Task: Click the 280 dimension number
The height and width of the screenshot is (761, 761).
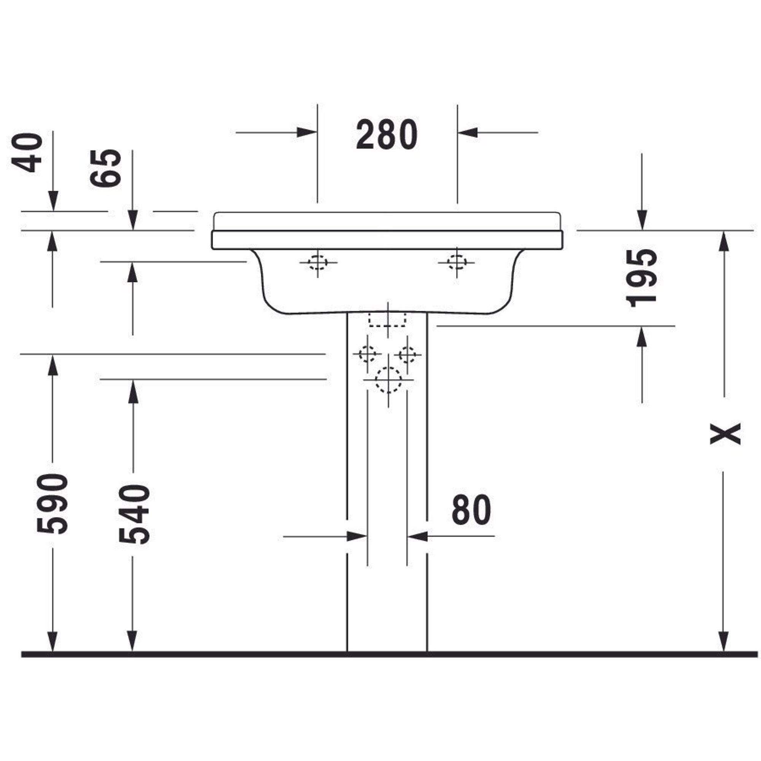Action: click(387, 134)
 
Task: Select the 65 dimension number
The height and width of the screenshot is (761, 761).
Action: click(105, 168)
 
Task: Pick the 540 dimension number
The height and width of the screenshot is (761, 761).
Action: click(134, 514)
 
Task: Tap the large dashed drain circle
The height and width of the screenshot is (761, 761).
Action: click(388, 380)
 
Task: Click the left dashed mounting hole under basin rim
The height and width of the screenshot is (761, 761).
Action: click(317, 262)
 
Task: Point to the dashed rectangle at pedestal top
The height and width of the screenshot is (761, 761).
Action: click(387, 320)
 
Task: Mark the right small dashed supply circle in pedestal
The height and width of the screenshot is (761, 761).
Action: click(407, 355)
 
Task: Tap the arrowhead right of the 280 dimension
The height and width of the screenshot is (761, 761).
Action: click(468, 132)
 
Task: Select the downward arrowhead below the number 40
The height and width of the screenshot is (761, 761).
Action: click(53, 201)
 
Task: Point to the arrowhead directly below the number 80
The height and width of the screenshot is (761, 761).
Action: click(417, 536)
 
